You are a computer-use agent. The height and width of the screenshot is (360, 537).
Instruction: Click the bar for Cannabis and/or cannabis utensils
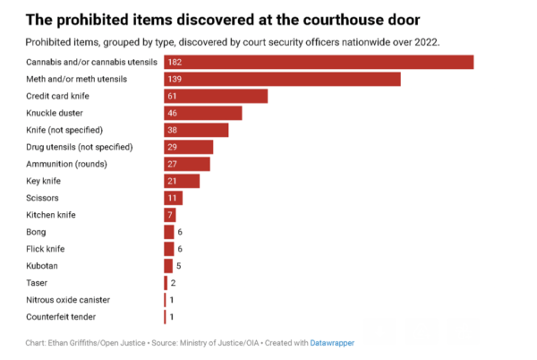pyautogui.click(x=318, y=62)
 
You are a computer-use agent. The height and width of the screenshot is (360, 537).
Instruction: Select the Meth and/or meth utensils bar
pyautogui.click(x=282, y=79)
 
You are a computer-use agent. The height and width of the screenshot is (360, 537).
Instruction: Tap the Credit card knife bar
pyautogui.click(x=215, y=96)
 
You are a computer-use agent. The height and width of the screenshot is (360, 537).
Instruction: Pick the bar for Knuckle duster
pyautogui.click(x=202, y=113)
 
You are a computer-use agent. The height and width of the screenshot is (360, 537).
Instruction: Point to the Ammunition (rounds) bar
pyautogui.click(x=186, y=164)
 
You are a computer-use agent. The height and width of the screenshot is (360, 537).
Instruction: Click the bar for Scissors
pyautogui.click(x=173, y=198)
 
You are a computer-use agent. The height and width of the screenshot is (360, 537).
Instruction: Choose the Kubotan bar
pyautogui.click(x=168, y=266)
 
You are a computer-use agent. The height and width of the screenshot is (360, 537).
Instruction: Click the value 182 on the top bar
pyautogui.click(x=175, y=62)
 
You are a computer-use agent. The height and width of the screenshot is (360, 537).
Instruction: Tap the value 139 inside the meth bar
pyautogui.click(x=175, y=79)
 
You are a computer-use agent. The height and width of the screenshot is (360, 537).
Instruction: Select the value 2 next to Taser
pyautogui.click(x=173, y=283)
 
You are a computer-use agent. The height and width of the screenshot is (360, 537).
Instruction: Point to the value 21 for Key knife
pyautogui.click(x=173, y=181)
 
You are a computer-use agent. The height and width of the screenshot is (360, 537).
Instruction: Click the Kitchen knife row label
pyautogui.click(x=52, y=215)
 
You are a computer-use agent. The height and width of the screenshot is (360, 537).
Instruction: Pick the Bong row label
pyautogui.click(x=38, y=232)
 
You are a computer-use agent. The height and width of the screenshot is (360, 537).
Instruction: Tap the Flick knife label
pyautogui.click(x=46, y=249)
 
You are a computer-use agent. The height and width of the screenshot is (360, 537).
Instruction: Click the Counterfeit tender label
pyautogui.click(x=62, y=317)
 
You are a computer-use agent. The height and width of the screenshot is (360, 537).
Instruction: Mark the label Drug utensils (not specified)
pyautogui.click(x=80, y=147)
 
